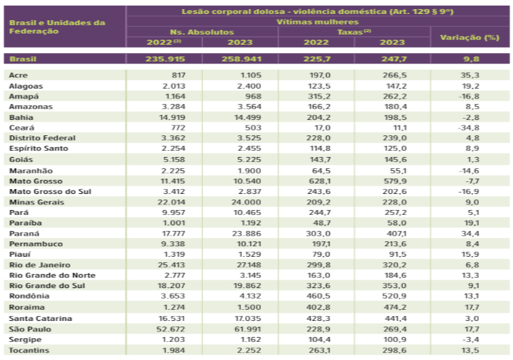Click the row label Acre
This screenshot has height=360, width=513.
point(18,75)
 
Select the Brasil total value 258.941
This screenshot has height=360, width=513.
point(241,59)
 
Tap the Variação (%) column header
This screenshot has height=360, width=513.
point(470,38)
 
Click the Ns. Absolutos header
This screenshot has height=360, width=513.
point(202,32)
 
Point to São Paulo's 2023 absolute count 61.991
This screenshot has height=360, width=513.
point(247,329)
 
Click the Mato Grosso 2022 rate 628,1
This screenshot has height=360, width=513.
point(319,181)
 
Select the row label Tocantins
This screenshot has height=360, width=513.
point(29,350)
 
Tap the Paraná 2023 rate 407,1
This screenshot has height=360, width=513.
point(395,233)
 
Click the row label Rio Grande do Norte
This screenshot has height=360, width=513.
point(52,275)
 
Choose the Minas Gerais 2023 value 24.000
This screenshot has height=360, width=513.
point(246,202)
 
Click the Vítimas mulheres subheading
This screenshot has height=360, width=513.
point(317,22)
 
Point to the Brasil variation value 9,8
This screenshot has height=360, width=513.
point(470,59)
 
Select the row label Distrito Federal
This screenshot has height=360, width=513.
point(43,138)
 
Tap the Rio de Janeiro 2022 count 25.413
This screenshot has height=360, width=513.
point(171,264)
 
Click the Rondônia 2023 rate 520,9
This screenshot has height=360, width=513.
point(395,296)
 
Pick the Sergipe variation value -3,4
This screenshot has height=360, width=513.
point(470,339)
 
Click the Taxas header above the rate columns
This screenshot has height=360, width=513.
point(354,32)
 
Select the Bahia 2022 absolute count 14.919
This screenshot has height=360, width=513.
point(172,117)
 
